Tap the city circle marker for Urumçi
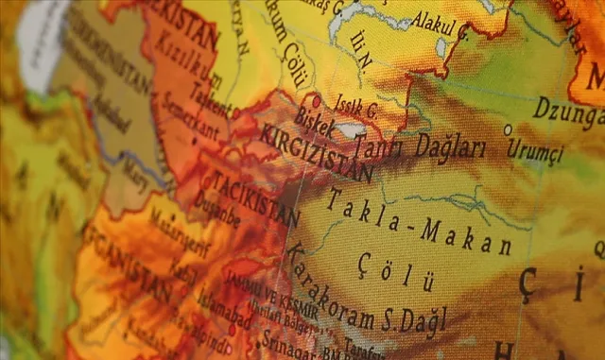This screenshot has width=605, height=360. (507, 129)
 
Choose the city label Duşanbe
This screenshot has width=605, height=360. (219, 219)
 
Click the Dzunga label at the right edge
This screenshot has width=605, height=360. (567, 112)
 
